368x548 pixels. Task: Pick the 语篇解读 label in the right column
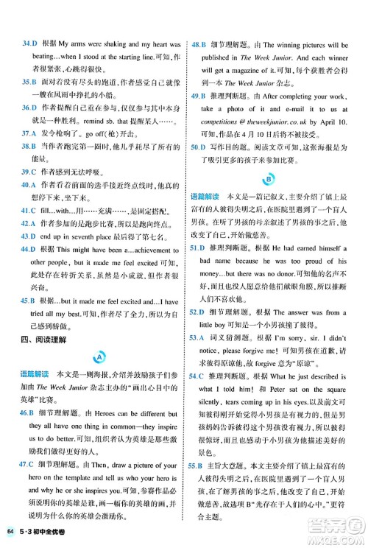(x=205, y=197)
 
